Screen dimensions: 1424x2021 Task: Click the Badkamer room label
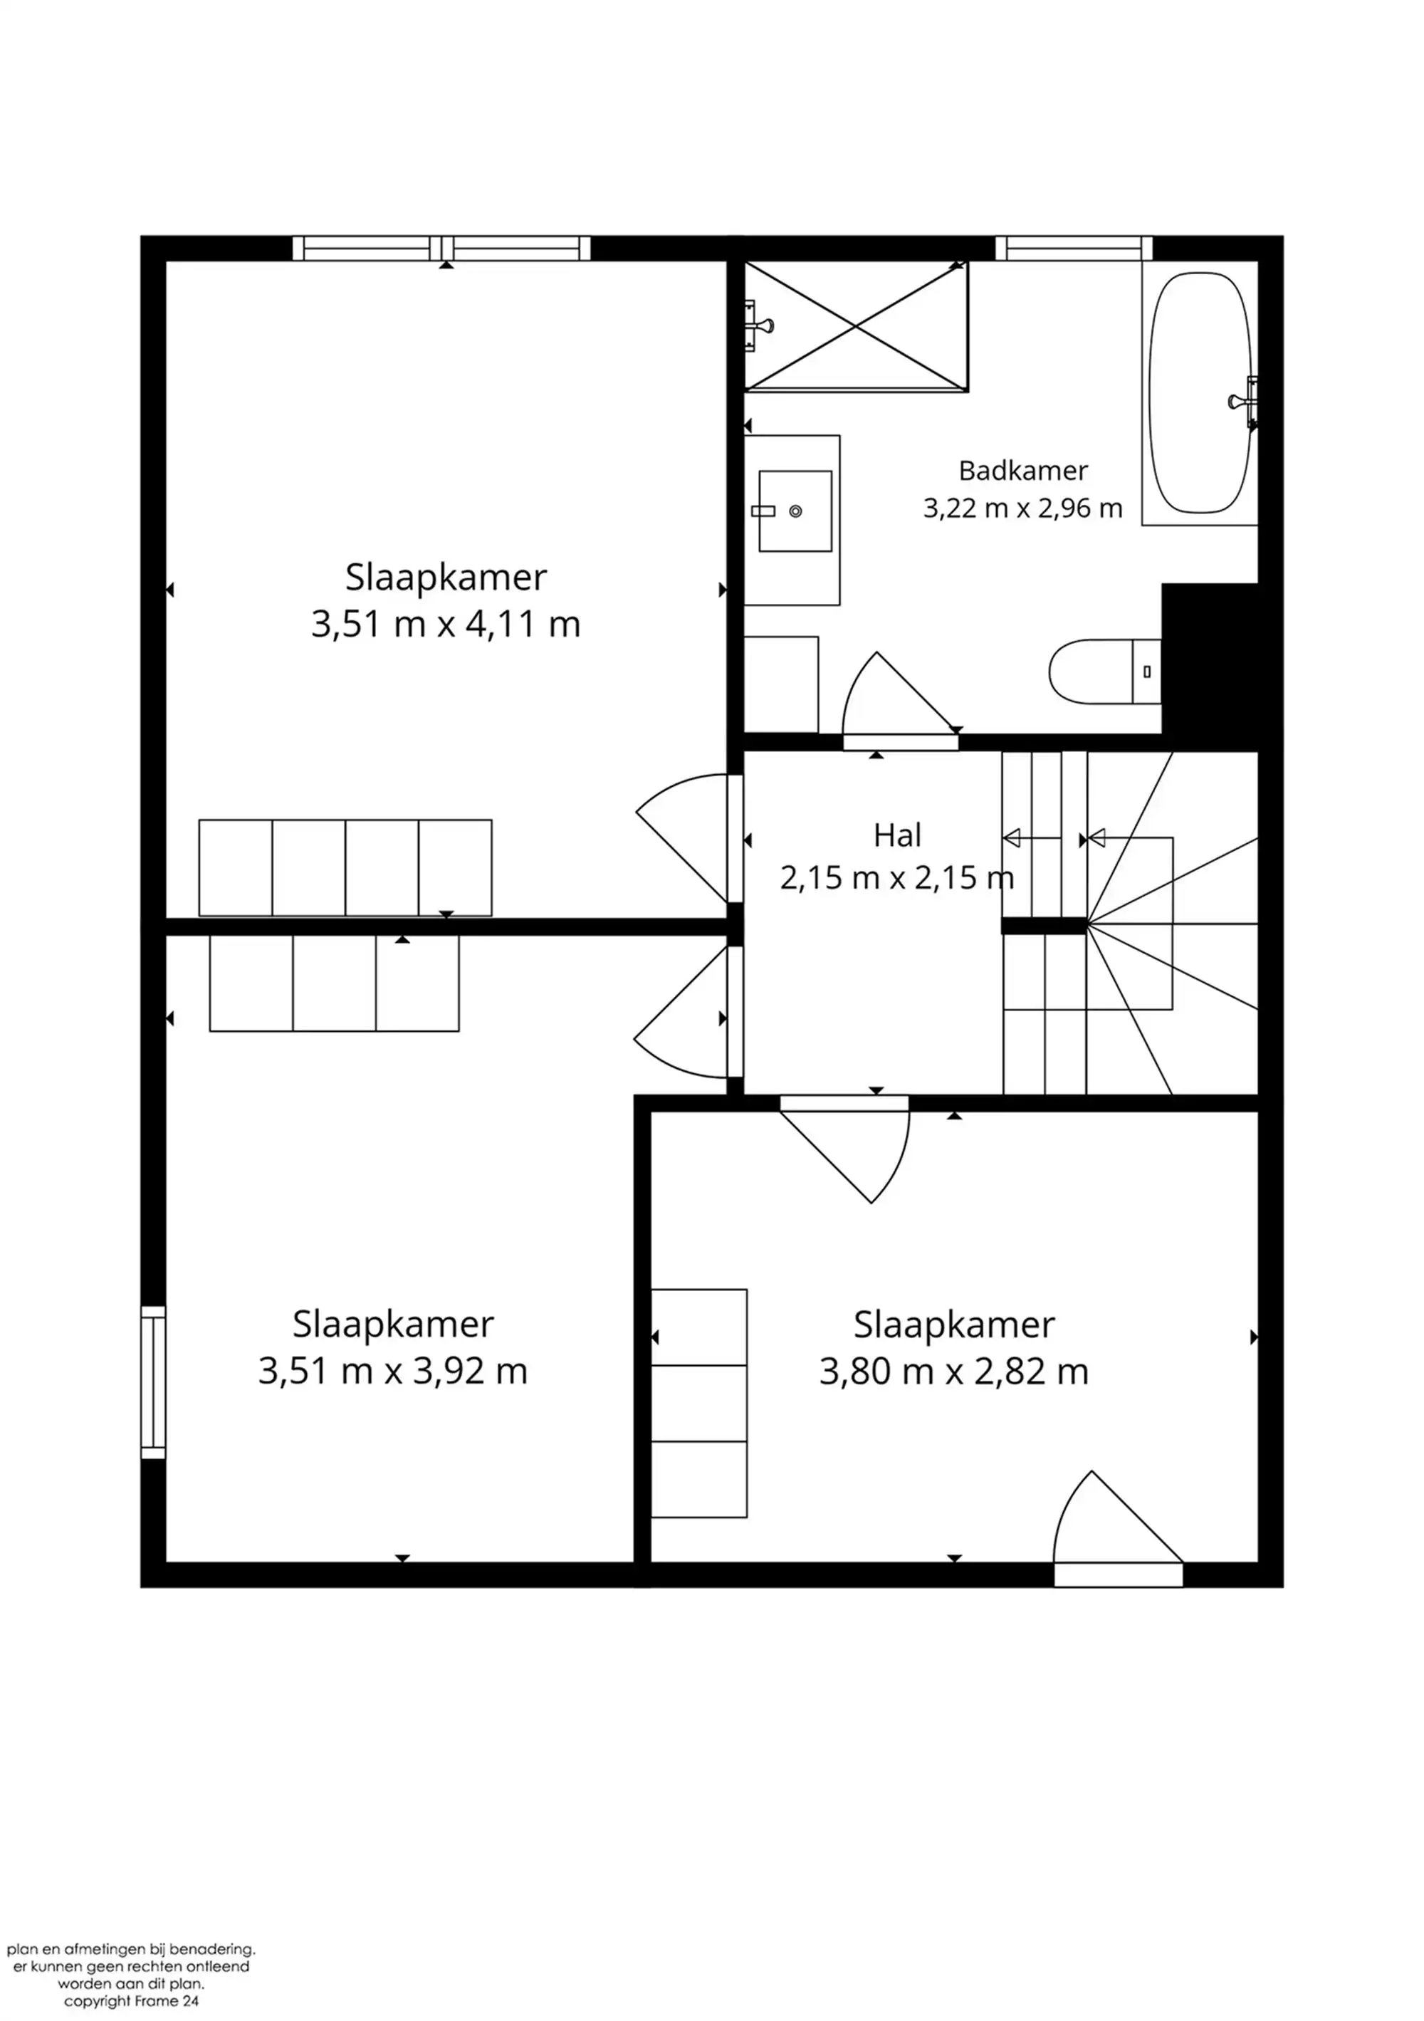1022,471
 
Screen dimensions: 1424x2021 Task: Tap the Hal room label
897,835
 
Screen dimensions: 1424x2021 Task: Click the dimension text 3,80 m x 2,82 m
954,1372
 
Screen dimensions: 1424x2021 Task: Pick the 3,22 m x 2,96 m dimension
1022,508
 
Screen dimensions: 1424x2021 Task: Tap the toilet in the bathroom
1104,672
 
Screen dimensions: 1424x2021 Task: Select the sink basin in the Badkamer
795,511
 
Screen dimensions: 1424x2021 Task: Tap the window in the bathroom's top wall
1074,249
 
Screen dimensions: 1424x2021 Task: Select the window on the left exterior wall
153,1382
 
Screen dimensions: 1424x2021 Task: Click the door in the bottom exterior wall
1118,1574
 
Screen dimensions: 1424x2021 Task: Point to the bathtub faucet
1244,402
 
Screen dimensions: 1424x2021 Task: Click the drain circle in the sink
795,511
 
